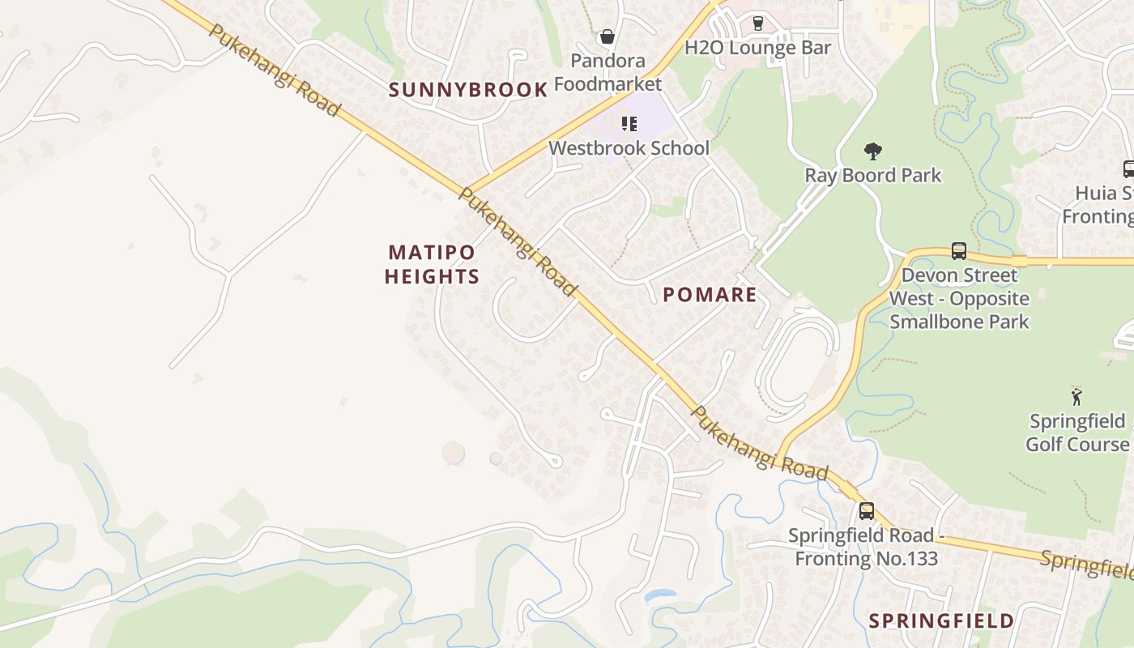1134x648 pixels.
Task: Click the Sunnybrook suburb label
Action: pos(468,90)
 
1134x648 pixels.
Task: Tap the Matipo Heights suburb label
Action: pos(432,264)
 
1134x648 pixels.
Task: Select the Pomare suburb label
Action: pos(710,295)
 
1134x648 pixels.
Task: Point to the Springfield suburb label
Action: pos(941,621)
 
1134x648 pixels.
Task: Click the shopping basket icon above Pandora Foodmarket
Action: pos(607,36)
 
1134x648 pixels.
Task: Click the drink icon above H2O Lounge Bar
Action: pos(758,23)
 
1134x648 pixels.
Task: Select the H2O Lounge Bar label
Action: pos(758,48)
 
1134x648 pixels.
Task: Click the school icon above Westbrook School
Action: pos(629,124)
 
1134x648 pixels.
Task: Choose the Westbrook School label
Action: pos(629,148)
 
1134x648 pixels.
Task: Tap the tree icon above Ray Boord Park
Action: pos(872,151)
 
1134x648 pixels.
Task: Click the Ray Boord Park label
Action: pos(872,175)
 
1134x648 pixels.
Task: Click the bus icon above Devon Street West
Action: pos(959,251)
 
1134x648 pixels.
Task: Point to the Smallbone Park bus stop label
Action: pos(959,298)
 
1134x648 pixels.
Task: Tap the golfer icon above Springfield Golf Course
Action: pos(1076,397)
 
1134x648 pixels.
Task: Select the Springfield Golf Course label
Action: pos(1076,433)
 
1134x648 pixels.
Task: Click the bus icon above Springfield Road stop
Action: pos(866,511)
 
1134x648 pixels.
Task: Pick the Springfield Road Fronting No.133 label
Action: pos(866,547)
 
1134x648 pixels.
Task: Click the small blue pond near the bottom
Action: pos(659,595)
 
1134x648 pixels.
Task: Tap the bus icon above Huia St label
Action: pos(1128,169)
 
